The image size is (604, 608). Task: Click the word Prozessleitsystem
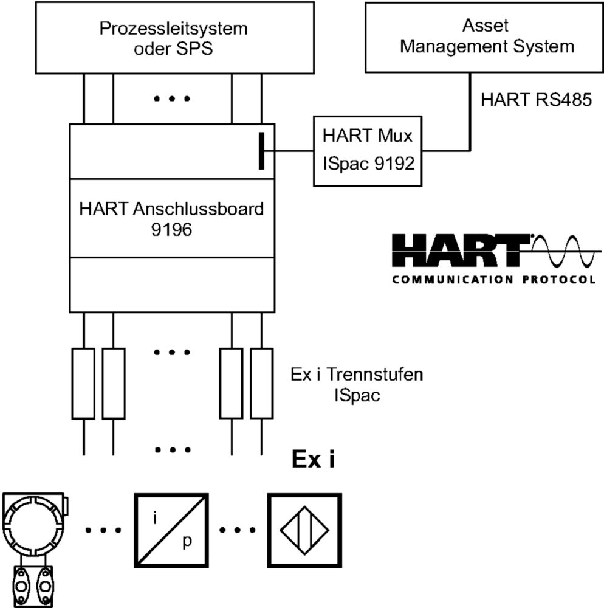(174, 29)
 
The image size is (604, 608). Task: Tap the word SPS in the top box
(194, 49)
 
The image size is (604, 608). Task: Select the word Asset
(485, 26)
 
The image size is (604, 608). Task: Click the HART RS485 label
(536, 100)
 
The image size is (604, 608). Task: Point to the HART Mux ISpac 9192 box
(367, 151)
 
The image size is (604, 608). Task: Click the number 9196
(171, 230)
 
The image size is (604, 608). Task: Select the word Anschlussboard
(198, 209)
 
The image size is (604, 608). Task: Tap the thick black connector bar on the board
(261, 151)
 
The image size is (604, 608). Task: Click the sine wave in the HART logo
(565, 252)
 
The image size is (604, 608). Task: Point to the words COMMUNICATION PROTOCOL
(493, 280)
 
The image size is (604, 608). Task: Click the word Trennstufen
(375, 375)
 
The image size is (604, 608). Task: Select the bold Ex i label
(313, 459)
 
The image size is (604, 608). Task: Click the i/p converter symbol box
(171, 530)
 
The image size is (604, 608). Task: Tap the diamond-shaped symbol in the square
(304, 530)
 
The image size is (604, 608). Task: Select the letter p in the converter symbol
(187, 541)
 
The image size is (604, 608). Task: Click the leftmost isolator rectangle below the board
(83, 384)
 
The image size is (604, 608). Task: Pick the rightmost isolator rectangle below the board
(262, 384)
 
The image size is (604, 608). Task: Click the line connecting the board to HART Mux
(294, 151)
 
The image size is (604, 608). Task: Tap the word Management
(453, 47)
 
